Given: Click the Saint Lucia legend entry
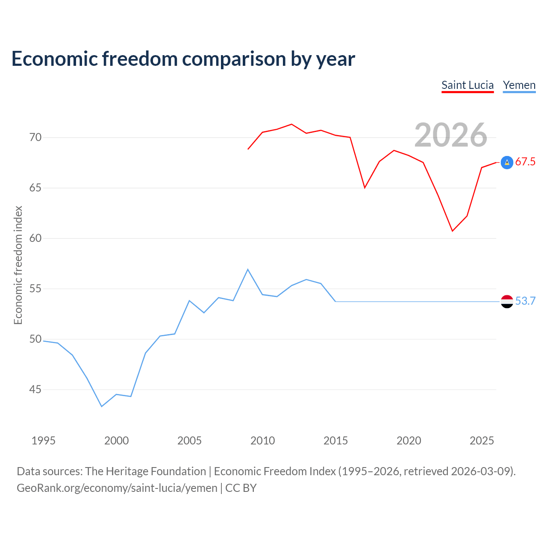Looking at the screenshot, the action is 468,85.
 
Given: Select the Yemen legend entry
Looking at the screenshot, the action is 519,85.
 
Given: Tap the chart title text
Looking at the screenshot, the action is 183,59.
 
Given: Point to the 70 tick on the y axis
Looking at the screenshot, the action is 35,137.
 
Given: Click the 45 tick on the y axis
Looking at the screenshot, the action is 35,389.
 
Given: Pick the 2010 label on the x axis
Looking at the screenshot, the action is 262,441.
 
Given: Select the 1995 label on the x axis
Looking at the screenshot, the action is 44,441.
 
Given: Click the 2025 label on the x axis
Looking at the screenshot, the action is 482,441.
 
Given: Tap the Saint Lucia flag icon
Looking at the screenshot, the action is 507,163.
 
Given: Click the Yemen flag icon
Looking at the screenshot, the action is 507,301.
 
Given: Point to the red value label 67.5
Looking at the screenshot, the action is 526,162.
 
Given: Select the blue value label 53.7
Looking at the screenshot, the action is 526,301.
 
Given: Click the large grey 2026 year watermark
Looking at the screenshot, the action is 451,135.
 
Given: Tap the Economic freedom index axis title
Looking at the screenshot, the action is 18,265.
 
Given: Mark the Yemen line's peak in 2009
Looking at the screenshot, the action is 248,269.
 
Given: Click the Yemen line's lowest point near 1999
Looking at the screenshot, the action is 102,406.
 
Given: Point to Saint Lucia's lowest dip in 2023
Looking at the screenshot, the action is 453,231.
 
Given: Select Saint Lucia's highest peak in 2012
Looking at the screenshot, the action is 291,124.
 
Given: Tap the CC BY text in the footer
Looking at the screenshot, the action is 241,488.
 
